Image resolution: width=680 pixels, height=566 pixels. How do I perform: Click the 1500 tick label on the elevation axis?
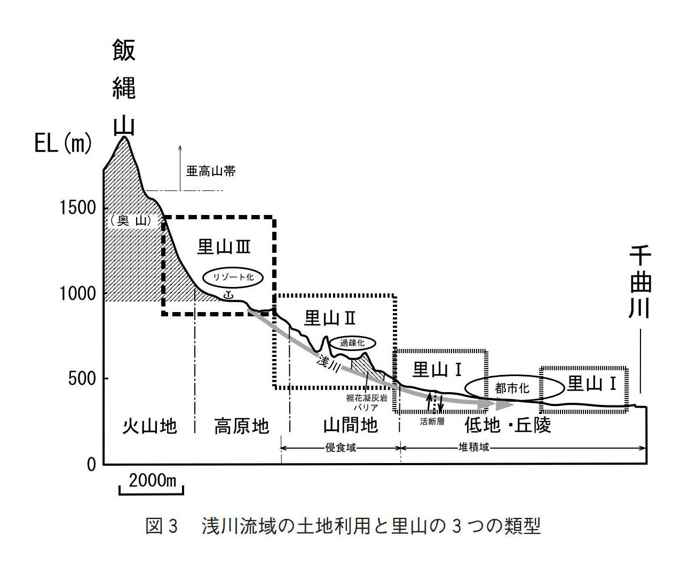(x=77, y=208)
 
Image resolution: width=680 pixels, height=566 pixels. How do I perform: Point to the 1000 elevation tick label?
(x=77, y=293)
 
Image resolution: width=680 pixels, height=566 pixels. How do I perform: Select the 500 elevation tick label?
(x=82, y=379)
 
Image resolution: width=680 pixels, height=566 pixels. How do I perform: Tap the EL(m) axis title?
(x=63, y=143)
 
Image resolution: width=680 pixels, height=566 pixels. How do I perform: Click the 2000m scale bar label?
(x=152, y=480)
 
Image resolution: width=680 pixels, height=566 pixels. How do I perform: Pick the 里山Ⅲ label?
(x=224, y=246)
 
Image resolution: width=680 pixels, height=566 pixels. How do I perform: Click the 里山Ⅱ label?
(x=330, y=318)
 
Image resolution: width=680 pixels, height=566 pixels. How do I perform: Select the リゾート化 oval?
(x=233, y=277)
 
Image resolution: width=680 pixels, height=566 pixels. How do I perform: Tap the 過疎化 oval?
(x=352, y=343)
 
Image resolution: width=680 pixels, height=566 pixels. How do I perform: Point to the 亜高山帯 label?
(x=211, y=171)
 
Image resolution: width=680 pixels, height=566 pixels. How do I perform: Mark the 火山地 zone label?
(x=149, y=426)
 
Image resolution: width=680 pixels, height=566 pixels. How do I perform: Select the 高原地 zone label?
(x=241, y=426)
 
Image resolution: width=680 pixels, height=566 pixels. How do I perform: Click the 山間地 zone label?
(x=351, y=425)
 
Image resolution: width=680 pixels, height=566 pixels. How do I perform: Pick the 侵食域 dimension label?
(x=341, y=448)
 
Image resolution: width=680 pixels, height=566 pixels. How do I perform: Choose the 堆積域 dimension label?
(x=473, y=447)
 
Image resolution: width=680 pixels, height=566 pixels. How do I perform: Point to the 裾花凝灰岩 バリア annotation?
(x=367, y=403)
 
